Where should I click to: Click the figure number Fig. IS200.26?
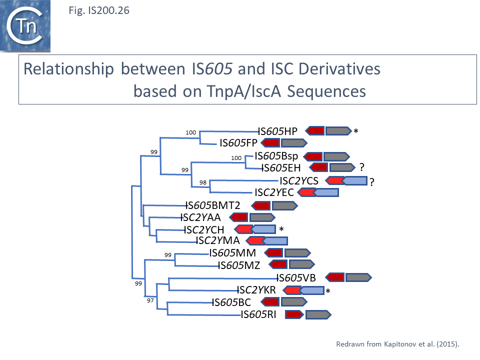point(98,9)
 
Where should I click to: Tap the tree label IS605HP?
point(277,131)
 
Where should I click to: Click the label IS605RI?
point(258,314)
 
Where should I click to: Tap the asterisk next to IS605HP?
point(356,132)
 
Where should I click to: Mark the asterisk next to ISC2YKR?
point(328,291)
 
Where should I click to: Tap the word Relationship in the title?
point(69,68)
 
